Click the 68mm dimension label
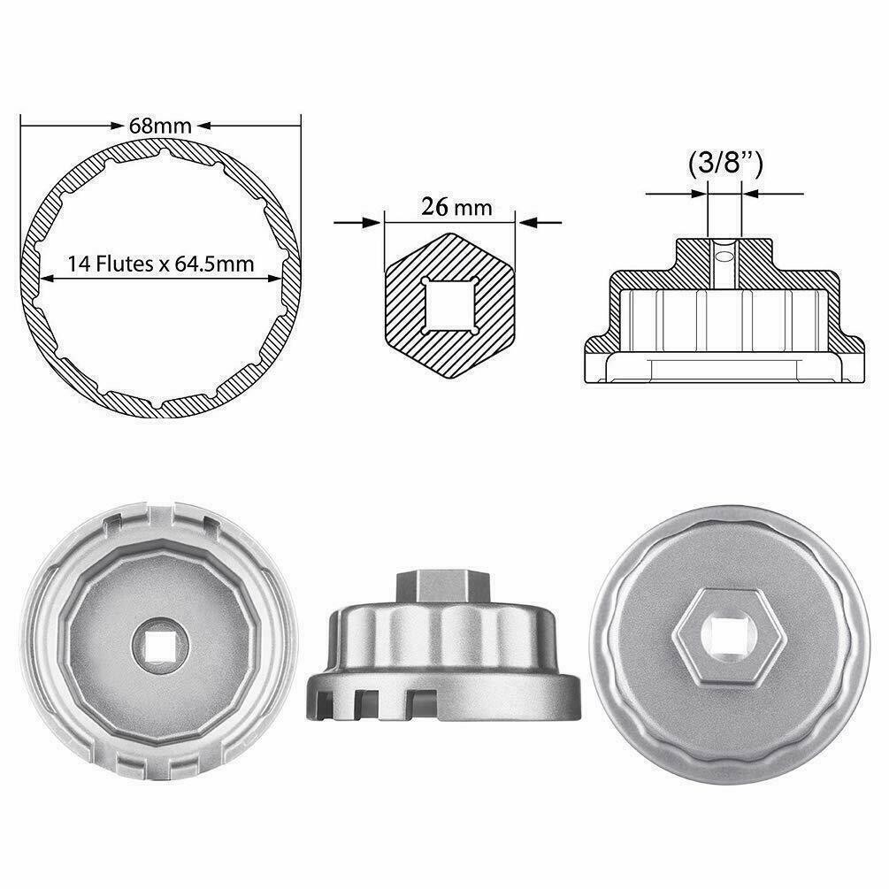160,125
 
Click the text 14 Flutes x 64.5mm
160,263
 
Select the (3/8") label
724,164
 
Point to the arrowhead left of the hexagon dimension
372,222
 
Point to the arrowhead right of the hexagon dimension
528,222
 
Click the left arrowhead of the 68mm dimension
29,125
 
